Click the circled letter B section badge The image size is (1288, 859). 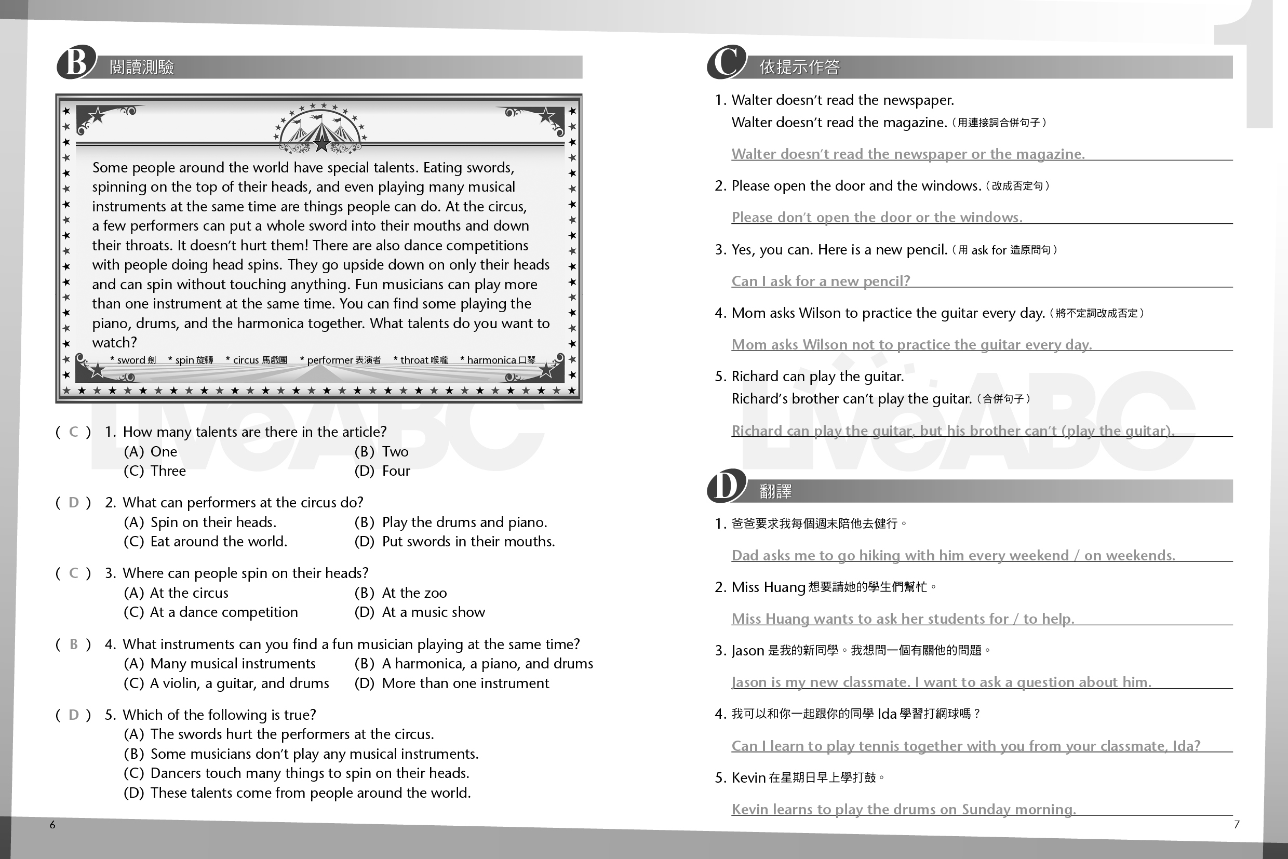76,62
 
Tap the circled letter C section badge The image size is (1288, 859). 727,62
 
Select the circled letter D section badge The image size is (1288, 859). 727,486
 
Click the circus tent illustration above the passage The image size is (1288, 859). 320,131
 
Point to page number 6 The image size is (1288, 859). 52,825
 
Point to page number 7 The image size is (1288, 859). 1237,825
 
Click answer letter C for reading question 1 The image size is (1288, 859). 73,432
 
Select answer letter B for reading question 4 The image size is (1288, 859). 73,644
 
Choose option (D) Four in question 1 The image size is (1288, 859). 382,471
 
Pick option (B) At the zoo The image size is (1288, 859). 400,593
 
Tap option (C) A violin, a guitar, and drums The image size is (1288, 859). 226,683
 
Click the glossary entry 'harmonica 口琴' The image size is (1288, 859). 498,360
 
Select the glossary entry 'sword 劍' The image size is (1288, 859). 133,360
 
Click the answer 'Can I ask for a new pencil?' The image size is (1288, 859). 820,281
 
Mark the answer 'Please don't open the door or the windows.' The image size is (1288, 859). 877,218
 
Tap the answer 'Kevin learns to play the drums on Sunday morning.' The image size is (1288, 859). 903,809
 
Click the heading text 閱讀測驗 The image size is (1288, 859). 142,67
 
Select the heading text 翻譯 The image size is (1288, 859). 775,491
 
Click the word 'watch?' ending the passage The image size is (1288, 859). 114,342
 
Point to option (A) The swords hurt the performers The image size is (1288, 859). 279,734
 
